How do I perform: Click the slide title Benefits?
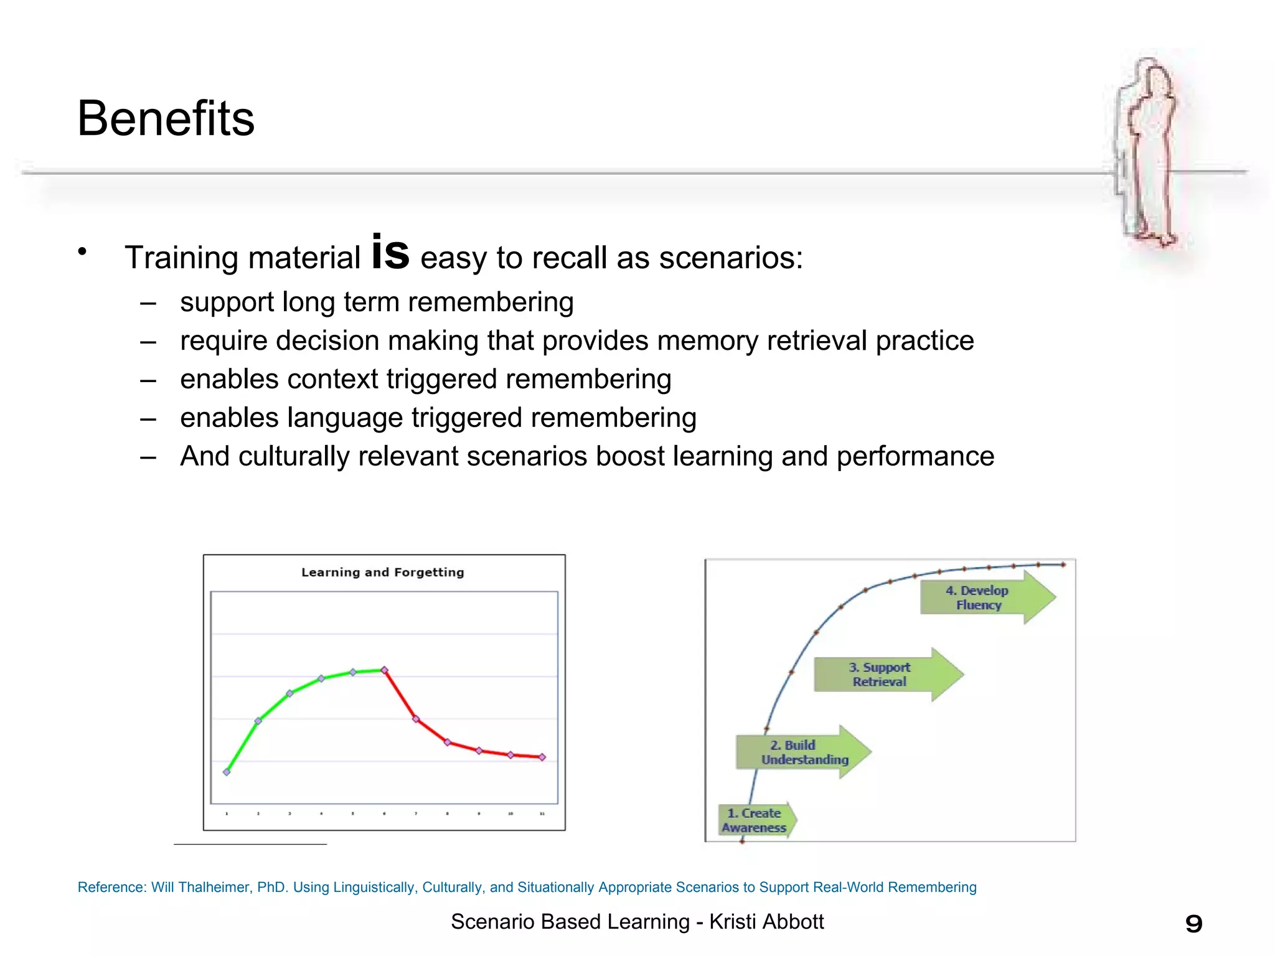(x=166, y=118)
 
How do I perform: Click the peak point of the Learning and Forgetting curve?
(x=384, y=670)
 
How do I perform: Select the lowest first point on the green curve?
(x=227, y=772)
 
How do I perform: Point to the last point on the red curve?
(x=542, y=757)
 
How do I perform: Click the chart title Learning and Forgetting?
(x=382, y=572)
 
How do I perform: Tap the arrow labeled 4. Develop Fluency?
(x=984, y=597)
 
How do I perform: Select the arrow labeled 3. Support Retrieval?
(x=884, y=675)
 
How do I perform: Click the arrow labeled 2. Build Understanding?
(x=800, y=752)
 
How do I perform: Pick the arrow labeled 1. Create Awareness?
(x=755, y=820)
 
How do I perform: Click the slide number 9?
(x=1193, y=924)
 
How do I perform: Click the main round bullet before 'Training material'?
(x=82, y=251)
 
